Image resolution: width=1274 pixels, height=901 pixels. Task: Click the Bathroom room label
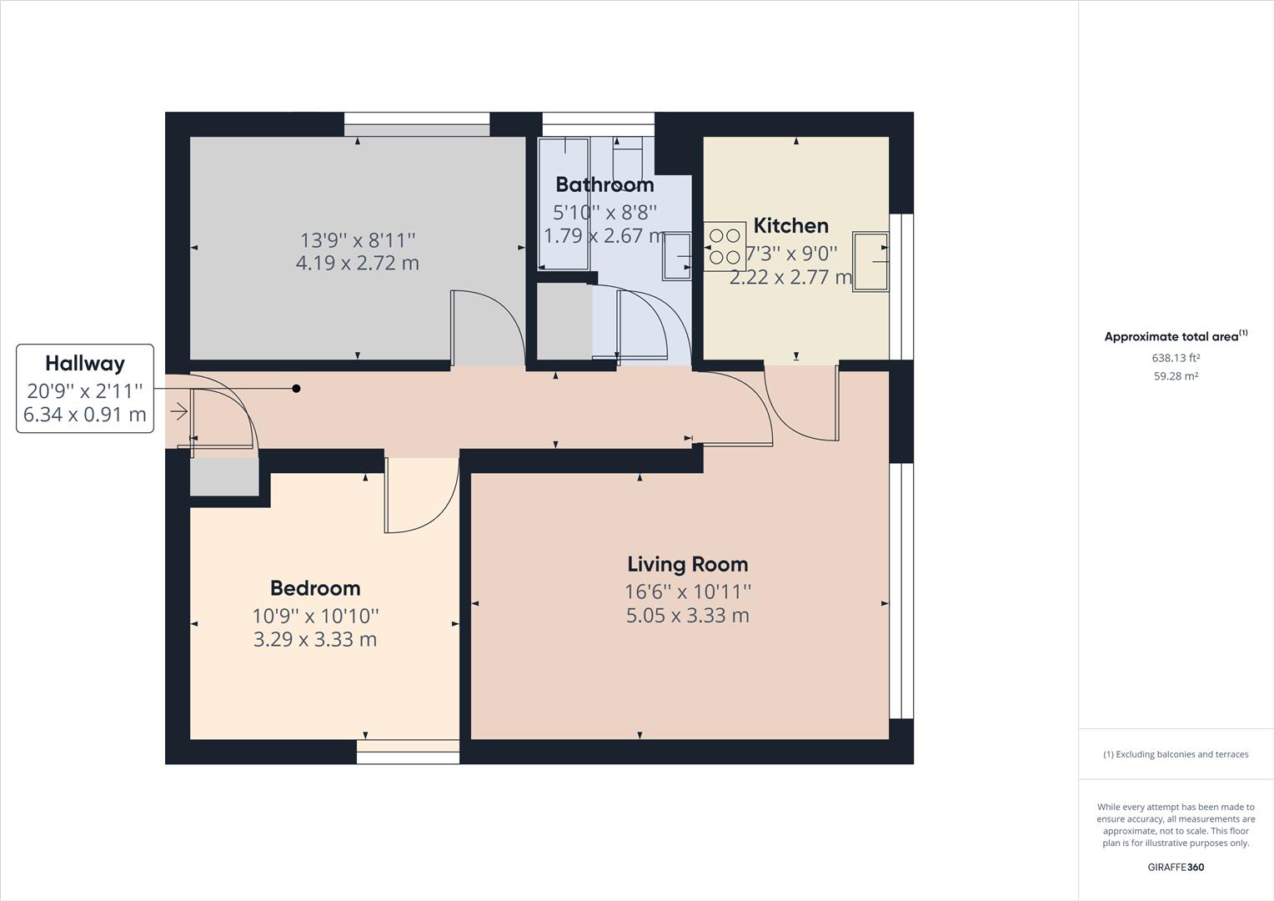(604, 184)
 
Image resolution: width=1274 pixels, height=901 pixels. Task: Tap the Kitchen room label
(790, 225)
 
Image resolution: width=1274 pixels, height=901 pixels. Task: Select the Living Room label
(687, 564)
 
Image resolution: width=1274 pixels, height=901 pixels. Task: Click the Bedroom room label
(315, 588)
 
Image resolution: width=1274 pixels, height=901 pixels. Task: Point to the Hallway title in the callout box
(85, 363)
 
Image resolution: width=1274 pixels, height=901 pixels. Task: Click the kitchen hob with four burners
(724, 245)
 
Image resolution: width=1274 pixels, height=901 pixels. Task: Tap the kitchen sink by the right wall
(870, 261)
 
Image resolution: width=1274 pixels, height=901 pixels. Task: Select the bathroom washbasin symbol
(677, 256)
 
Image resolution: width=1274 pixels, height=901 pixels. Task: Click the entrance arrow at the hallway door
(179, 411)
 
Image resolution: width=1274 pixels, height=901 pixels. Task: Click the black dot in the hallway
(296, 388)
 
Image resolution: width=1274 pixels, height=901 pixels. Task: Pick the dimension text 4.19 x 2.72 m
(357, 264)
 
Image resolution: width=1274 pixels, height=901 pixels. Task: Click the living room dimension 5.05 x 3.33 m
(687, 616)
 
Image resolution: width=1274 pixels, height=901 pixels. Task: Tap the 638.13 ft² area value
(1176, 358)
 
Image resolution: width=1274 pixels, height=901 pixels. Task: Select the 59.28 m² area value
(1176, 376)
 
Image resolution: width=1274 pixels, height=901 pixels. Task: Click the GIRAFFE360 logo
(1176, 867)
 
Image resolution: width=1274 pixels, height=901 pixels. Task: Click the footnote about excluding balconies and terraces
(1176, 754)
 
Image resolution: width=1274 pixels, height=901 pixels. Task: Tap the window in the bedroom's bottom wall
(408, 752)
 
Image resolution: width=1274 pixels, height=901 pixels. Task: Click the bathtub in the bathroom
(564, 203)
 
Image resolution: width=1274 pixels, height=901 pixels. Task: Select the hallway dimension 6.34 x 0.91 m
(85, 415)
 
